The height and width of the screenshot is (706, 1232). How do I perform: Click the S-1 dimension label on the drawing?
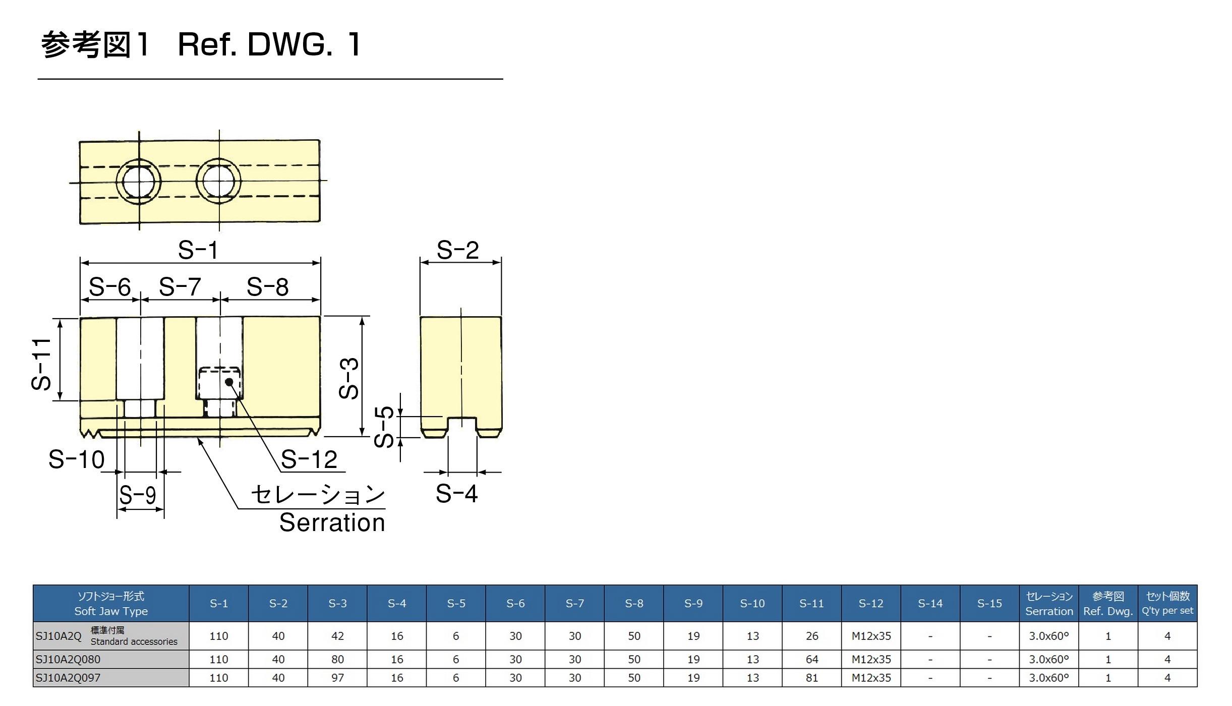[198, 250]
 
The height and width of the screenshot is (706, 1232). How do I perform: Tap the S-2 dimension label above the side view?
[457, 250]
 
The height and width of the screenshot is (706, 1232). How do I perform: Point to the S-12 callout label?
[309, 459]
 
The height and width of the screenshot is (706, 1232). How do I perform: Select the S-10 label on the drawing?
[77, 459]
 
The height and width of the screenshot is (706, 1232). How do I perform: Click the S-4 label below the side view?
[456, 493]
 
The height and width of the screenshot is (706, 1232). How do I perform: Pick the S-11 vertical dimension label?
[41, 364]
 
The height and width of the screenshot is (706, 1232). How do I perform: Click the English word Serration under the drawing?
[332, 522]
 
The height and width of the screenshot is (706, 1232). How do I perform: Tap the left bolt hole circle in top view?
[139, 182]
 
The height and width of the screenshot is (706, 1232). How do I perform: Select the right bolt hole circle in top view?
[218, 181]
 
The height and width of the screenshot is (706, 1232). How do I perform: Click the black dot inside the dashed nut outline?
[229, 382]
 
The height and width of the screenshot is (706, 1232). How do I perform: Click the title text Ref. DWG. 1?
[269, 44]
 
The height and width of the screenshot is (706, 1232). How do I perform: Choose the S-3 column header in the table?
[337, 604]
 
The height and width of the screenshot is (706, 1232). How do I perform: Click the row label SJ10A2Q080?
[68, 660]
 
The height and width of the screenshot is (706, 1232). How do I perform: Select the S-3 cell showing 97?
[337, 678]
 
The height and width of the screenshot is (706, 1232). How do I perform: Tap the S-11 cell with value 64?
[812, 660]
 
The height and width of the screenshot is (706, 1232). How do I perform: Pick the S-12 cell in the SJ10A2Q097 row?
[871, 678]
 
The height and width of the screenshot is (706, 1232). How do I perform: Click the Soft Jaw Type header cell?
[111, 604]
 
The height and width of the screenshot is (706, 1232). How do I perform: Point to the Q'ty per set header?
[1167, 604]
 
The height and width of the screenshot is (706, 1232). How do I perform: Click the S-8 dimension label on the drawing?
[267, 287]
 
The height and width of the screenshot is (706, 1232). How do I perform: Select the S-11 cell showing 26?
[812, 636]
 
